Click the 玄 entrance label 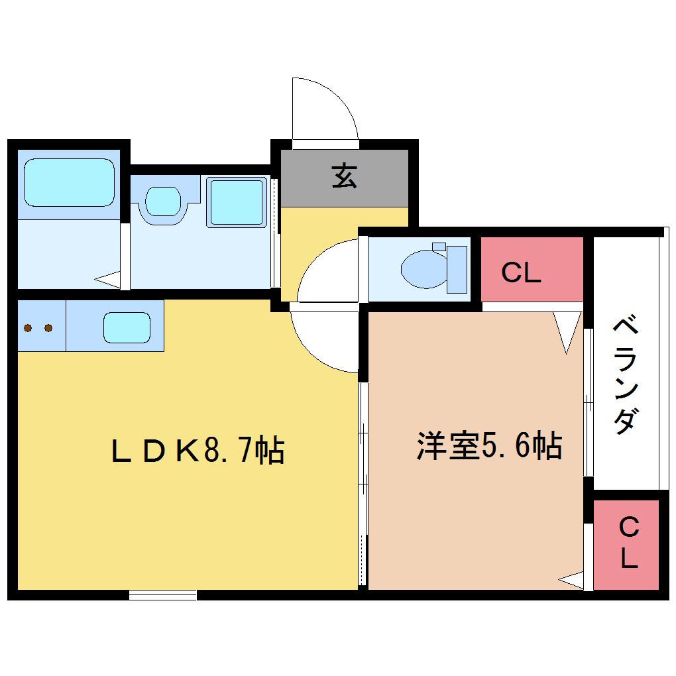[345, 176]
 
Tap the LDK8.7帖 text [198, 451]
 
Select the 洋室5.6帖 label [489, 445]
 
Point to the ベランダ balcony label [626, 374]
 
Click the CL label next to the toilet [521, 272]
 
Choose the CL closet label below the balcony [628, 542]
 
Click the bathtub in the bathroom [70, 183]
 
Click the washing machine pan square [237, 203]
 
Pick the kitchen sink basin [127, 327]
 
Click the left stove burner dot [28, 328]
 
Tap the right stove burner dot [48, 328]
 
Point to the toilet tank [457, 270]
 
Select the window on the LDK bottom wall [163, 595]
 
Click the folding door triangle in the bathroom [108, 280]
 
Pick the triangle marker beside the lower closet [571, 581]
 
